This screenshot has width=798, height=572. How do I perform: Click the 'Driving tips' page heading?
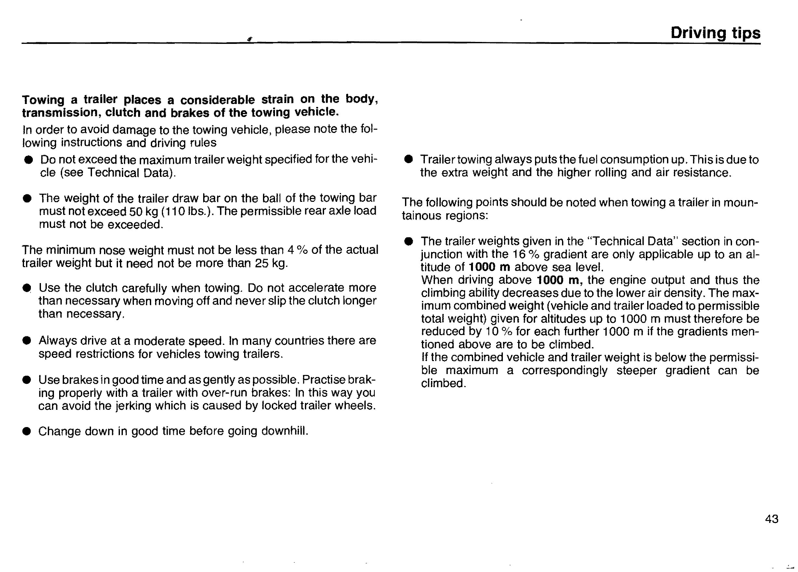pyautogui.click(x=715, y=33)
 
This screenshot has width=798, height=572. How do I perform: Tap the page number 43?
pyautogui.click(x=772, y=519)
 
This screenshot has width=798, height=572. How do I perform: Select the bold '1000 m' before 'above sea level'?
pyautogui.click(x=490, y=267)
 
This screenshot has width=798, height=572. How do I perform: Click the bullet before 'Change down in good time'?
pyautogui.click(x=26, y=431)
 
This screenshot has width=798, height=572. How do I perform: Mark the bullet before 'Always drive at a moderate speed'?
pyautogui.click(x=26, y=341)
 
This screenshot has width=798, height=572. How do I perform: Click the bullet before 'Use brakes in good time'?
pyautogui.click(x=26, y=380)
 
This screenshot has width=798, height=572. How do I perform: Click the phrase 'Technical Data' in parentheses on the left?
pyautogui.click(x=128, y=173)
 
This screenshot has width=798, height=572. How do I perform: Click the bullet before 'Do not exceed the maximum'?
pyautogui.click(x=28, y=160)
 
